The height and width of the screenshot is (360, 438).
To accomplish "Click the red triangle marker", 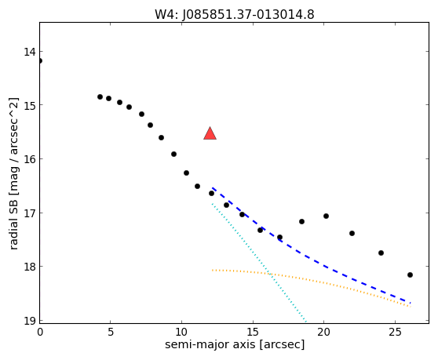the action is tap(210, 133).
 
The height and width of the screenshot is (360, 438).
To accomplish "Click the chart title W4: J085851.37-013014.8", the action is tap(235, 15).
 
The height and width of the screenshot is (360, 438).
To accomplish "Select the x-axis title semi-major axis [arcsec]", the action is tap(235, 344).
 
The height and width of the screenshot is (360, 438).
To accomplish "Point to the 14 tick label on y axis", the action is tap(30, 52).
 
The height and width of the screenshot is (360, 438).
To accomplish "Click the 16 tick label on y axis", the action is tap(30, 158).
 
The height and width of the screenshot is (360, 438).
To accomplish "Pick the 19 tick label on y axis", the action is tap(30, 321).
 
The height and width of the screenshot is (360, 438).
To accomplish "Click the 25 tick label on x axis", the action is tap(395, 332).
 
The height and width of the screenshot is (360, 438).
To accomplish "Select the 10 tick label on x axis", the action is tap(181, 332).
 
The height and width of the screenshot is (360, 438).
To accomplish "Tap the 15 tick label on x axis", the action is tap(253, 332).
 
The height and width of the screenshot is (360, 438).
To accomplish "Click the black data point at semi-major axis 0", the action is tap(40, 61).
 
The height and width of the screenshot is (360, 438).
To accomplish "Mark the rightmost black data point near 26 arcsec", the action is tap(410, 275).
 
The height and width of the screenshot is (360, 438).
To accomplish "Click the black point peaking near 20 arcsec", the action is tap(326, 216).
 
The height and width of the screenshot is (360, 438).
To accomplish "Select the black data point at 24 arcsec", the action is tap(381, 253).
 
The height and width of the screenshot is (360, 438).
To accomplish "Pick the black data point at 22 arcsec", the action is tap(352, 233).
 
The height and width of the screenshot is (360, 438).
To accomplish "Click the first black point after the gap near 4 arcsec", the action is tap(100, 96).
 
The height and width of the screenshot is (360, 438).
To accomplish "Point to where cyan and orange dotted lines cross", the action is tap(269, 274).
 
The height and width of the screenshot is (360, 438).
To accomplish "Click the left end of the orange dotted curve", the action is tap(212, 270).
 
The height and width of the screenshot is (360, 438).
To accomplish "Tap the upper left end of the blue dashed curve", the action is tap(212, 187).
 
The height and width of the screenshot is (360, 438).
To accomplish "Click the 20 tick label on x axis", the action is tap(323, 332).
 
